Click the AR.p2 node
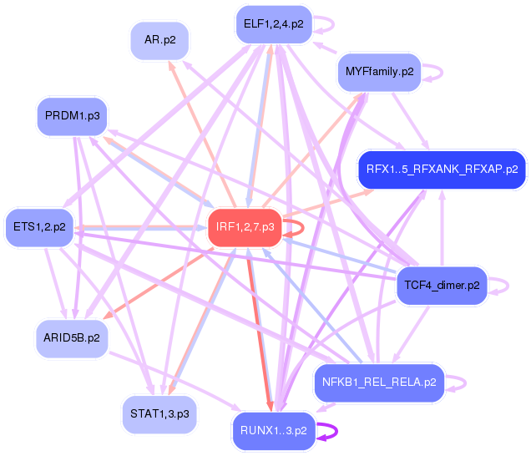click(x=159, y=39)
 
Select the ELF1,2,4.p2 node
click(x=274, y=23)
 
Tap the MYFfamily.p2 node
click(x=380, y=72)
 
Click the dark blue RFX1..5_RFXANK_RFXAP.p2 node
click(x=442, y=170)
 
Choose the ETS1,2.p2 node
click(x=39, y=226)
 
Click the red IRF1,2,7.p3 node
click(x=245, y=227)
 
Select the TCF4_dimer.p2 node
click(x=442, y=285)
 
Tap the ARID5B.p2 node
click(x=72, y=337)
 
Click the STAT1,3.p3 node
click(x=159, y=413)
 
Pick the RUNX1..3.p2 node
click(x=274, y=431)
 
